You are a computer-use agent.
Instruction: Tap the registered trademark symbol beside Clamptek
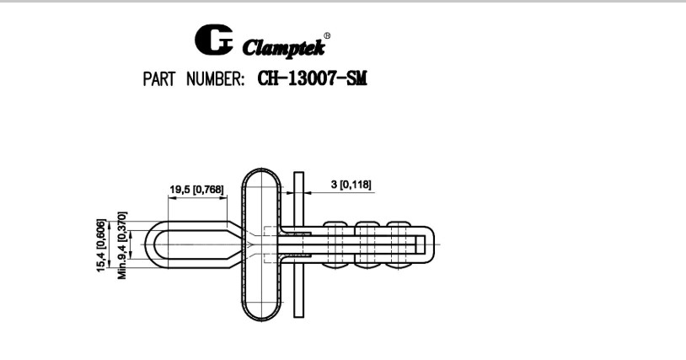(x=326, y=35)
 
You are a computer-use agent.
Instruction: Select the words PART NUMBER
(x=193, y=79)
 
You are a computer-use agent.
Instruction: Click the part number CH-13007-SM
(x=314, y=79)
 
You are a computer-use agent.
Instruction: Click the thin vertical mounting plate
(x=298, y=245)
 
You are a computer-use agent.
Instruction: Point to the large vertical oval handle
(x=263, y=245)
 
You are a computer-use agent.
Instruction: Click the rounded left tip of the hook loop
(x=152, y=245)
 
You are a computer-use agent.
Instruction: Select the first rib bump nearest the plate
(x=336, y=226)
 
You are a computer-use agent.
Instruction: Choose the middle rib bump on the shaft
(x=369, y=226)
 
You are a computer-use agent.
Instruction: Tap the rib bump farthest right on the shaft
(x=400, y=226)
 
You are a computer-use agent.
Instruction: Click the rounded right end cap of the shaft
(x=431, y=245)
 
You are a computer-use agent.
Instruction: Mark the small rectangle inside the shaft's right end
(x=420, y=245)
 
